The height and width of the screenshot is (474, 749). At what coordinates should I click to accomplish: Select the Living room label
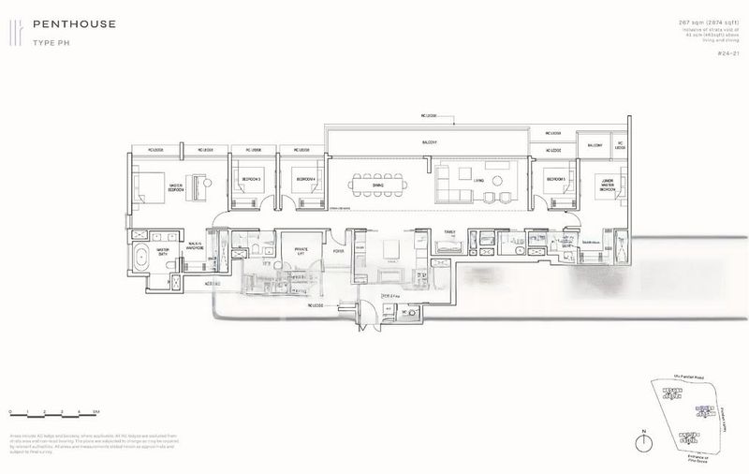coord(477,180)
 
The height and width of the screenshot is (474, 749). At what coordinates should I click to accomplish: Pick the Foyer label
coord(337,251)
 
